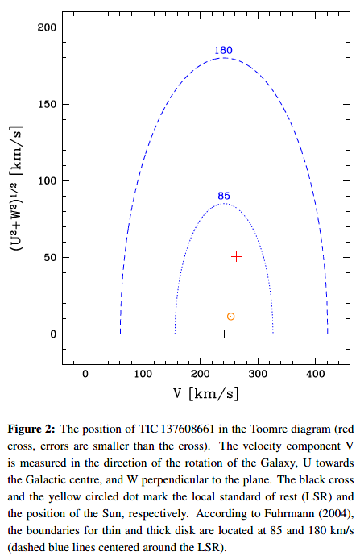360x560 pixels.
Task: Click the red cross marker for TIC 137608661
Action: pyautogui.click(x=237, y=256)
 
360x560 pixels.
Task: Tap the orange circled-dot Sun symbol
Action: pyautogui.click(x=230, y=317)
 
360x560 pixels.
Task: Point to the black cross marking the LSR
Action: pyautogui.click(x=224, y=334)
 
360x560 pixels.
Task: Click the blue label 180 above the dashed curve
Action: pyautogui.click(x=223, y=50)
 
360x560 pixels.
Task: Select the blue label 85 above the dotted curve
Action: pyautogui.click(x=224, y=196)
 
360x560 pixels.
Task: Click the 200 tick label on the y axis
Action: pyautogui.click(x=48, y=27)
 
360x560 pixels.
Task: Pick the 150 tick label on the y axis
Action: pyautogui.click(x=48, y=104)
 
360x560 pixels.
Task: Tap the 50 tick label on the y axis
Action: pyautogui.click(x=51, y=258)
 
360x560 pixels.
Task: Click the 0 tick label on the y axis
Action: pyautogui.click(x=54, y=334)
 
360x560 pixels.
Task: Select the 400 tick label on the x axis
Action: pyautogui.click(x=316, y=374)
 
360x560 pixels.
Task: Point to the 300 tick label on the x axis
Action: pyautogui.click(x=258, y=374)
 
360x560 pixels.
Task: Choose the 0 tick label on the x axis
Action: pyautogui.click(x=85, y=374)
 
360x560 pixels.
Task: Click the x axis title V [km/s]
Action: pyautogui.click(x=206, y=394)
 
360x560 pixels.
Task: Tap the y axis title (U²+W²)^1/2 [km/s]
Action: pyautogui.click(x=16, y=188)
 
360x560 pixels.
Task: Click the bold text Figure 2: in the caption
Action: pyautogui.click(x=31, y=429)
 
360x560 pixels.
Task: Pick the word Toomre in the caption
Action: pyautogui.click(x=269, y=429)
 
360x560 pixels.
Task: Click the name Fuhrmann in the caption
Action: pyautogui.click(x=288, y=513)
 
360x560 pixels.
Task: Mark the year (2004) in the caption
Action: pyautogui.click(x=335, y=514)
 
